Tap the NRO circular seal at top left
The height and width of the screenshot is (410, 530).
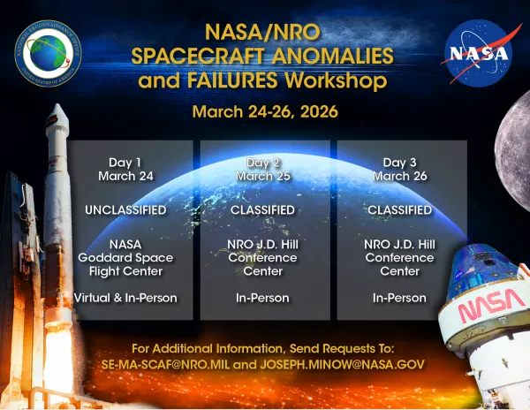pyautogui.click(x=52, y=52)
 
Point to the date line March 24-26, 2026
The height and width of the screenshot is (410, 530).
pyautogui.click(x=265, y=113)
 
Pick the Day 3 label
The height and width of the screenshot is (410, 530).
pyautogui.click(x=400, y=162)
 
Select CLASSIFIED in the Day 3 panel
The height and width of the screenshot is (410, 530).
pyautogui.click(x=400, y=210)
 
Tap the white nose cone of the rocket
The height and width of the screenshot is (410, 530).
pyautogui.click(x=56, y=124)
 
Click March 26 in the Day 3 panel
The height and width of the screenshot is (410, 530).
pyautogui.click(x=400, y=176)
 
